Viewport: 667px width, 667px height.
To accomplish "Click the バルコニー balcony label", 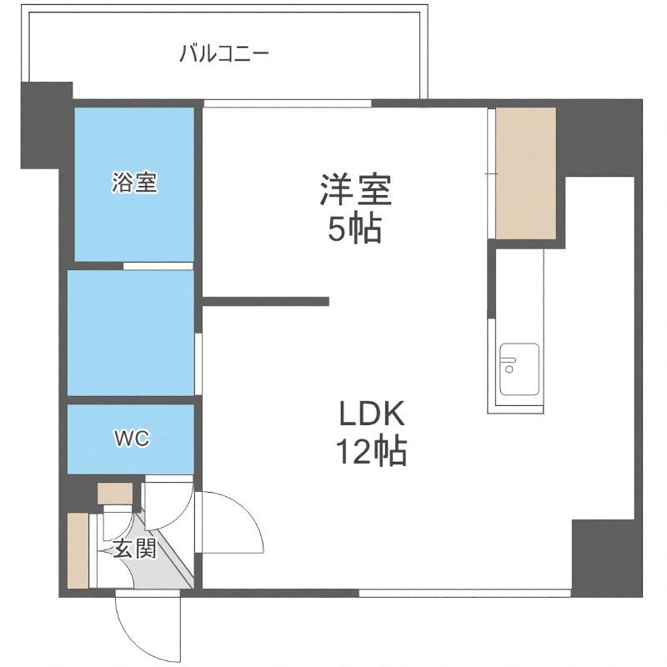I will pos(224,56).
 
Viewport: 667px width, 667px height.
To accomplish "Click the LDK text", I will pos(371,414).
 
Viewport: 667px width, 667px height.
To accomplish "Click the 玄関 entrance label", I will pos(134,549).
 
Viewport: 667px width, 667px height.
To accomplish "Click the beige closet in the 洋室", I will pos(525,173).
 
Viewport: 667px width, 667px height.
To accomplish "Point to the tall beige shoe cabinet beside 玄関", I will pos(78,550).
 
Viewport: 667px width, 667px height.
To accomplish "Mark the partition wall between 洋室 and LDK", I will pos(267,302).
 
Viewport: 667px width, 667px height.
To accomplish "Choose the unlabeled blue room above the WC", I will pos(131,333).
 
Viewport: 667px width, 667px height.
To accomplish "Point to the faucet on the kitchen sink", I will pos(508,362).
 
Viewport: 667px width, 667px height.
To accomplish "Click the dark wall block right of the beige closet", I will pos(596,138).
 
